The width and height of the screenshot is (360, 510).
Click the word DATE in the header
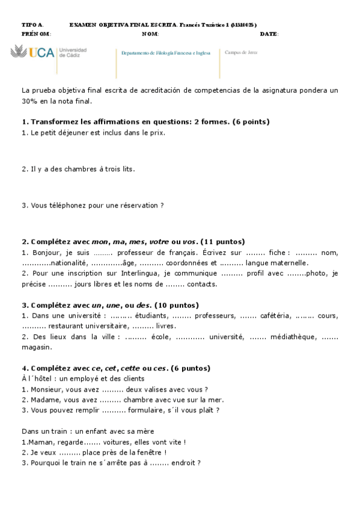[269, 34]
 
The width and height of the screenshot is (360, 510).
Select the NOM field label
[150, 34]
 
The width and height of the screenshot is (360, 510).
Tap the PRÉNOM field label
[36, 34]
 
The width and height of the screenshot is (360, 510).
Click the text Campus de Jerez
[241, 52]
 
